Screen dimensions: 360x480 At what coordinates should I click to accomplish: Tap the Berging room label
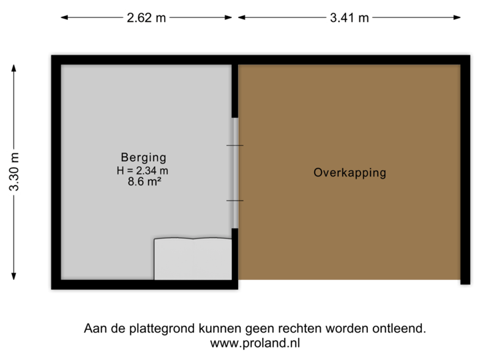tap(143, 158)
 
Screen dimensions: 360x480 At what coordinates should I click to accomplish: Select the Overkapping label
tap(349, 173)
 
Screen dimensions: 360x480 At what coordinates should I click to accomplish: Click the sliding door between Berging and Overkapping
tap(235, 173)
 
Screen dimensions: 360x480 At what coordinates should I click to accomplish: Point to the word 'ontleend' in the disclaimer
tap(398, 329)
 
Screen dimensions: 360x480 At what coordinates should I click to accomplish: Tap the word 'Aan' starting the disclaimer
tap(93, 329)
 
